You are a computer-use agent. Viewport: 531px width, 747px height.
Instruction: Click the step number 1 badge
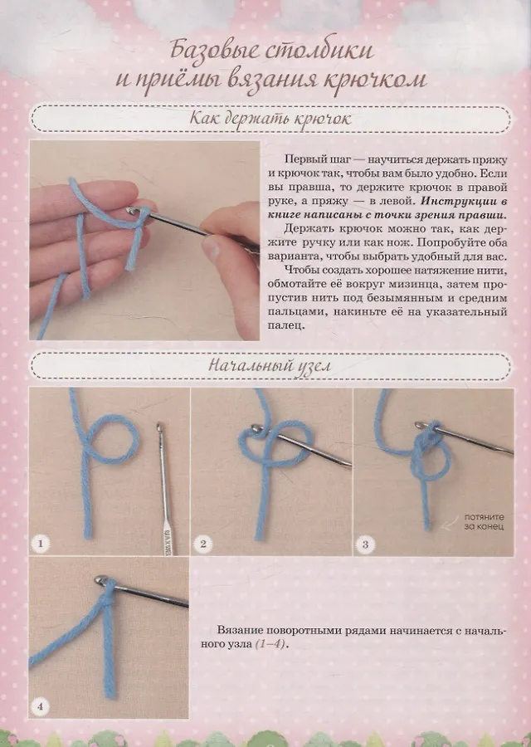[41, 543]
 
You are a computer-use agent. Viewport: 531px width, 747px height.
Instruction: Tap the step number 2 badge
[203, 544]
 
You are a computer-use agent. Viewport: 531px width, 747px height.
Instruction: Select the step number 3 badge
[365, 544]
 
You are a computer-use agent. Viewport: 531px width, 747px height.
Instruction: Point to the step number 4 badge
[40, 706]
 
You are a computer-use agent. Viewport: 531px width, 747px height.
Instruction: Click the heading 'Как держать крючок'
[270, 119]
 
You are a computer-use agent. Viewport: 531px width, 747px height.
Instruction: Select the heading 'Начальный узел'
[270, 365]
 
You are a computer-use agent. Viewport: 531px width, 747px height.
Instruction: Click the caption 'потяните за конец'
[484, 522]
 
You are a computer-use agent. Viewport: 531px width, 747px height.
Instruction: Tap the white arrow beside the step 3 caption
[450, 525]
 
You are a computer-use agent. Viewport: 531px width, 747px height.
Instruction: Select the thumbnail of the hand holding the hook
[144, 240]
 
